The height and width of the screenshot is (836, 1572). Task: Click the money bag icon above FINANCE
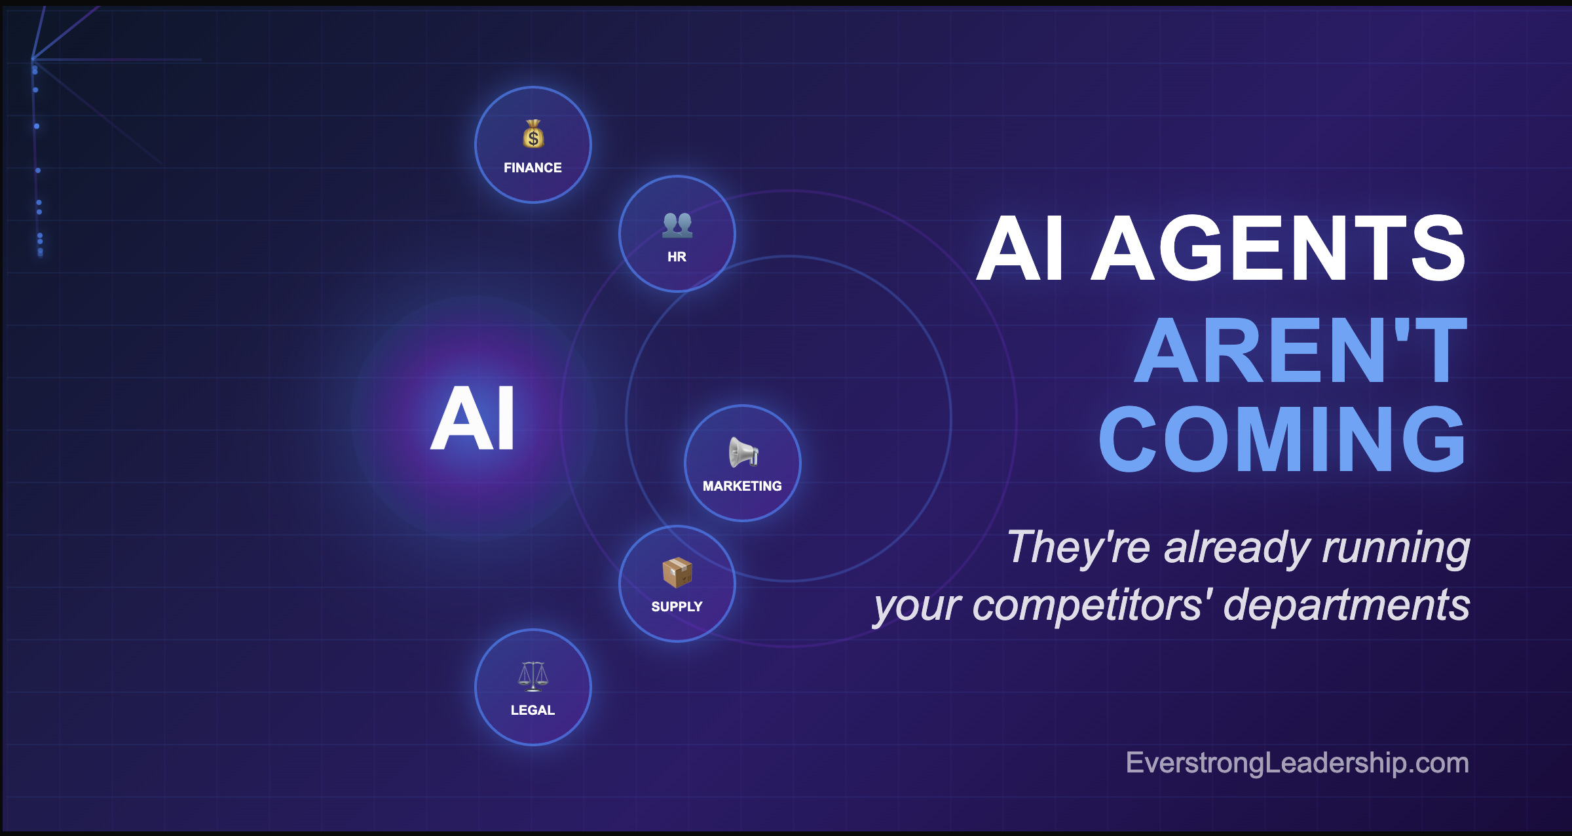[533, 134]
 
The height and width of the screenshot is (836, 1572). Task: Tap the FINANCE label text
[533, 168]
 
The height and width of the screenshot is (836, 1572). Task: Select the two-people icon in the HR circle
[677, 225]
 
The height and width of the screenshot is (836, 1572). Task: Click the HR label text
[677, 257]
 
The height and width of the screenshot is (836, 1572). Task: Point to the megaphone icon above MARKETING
[743, 452]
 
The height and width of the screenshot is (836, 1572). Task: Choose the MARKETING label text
[742, 486]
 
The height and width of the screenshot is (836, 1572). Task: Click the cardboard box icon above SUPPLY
[677, 573]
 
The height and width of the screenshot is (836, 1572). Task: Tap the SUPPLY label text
[677, 607]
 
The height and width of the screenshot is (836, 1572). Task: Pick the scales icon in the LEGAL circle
[533, 676]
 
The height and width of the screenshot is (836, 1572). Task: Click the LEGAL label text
[533, 710]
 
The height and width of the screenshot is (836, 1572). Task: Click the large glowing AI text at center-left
[473, 418]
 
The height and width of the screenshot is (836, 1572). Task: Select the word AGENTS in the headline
[1278, 248]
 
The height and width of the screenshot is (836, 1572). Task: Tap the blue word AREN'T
[1301, 350]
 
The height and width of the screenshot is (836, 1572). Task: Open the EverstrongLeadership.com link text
[1297, 763]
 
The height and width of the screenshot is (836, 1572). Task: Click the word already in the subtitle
[1236, 548]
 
